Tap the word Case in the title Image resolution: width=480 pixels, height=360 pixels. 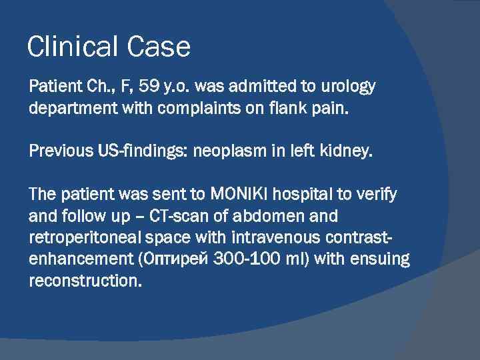click(x=161, y=47)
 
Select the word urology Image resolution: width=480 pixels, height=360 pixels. click(x=347, y=87)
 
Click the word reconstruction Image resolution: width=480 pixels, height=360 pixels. click(x=85, y=279)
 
